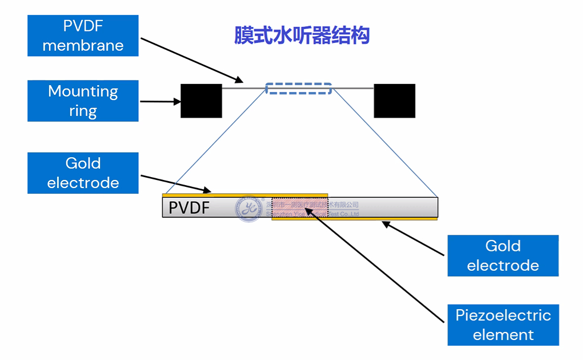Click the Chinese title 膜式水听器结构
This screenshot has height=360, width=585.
point(302,35)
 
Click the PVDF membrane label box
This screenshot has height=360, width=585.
point(83,35)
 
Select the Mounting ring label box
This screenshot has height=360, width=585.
point(83,101)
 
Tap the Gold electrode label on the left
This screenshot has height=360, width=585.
point(83,173)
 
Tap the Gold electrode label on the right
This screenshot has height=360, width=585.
point(503,255)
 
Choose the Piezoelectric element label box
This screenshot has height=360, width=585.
point(503,325)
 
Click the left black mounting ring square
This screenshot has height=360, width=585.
point(201,101)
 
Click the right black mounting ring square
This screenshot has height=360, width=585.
point(394,101)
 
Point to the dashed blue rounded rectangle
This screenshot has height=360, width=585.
point(298,89)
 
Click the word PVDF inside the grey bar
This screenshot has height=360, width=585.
point(189,207)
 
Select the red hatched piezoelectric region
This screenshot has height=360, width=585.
point(299,207)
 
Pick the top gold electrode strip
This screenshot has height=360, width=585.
point(246,195)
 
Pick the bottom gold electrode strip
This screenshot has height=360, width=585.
point(354,219)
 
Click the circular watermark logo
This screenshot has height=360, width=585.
point(249,209)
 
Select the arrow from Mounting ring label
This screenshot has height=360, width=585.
point(160,102)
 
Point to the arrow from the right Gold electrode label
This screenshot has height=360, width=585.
point(414,239)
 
